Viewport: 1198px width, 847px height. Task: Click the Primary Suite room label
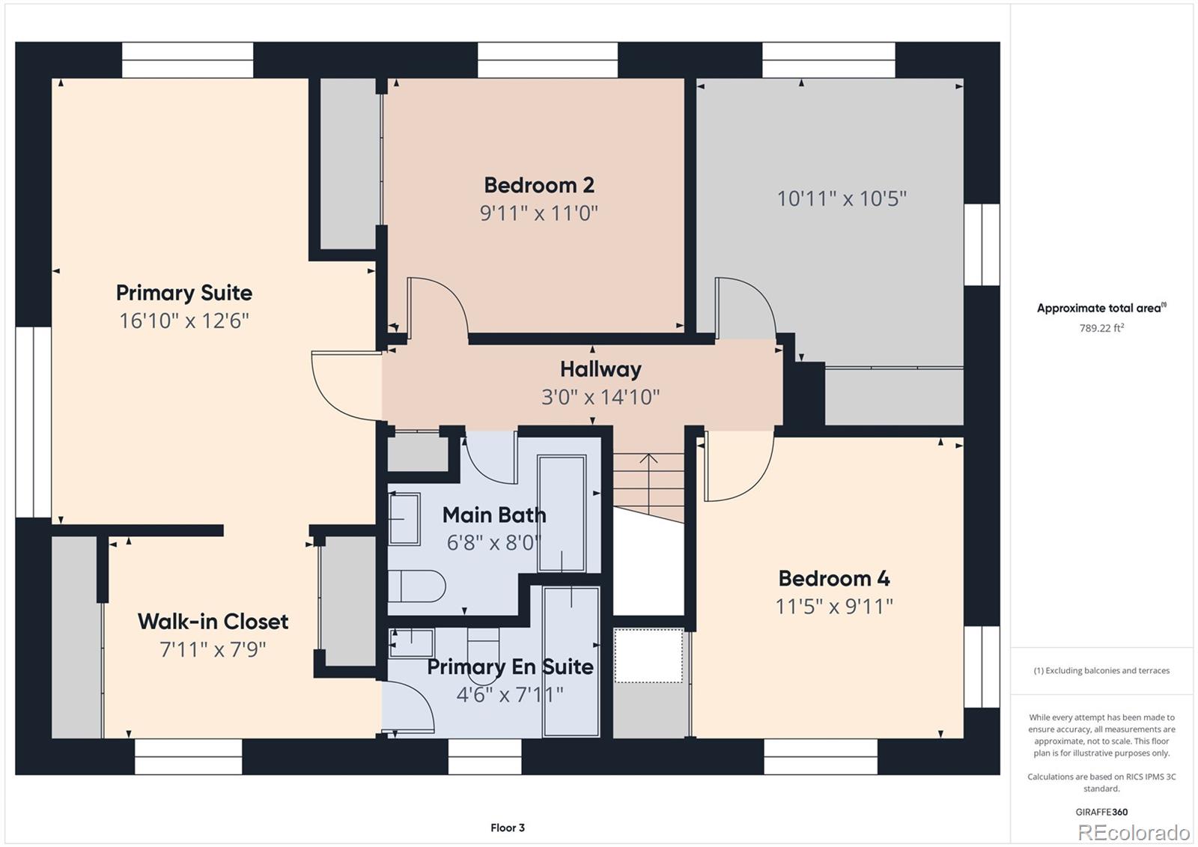coord(184,294)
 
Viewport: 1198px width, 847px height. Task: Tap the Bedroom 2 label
coord(539,185)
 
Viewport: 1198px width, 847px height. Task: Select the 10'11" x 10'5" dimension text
coord(842,198)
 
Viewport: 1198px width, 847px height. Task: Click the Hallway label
coord(600,369)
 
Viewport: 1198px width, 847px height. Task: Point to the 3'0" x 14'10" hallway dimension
coord(600,397)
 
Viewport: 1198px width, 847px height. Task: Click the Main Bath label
coord(494,514)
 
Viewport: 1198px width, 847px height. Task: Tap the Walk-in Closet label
coord(213,621)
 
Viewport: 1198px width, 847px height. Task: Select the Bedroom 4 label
coord(834,578)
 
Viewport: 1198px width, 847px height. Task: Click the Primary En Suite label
coord(510,667)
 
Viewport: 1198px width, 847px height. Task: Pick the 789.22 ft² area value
coord(1101,328)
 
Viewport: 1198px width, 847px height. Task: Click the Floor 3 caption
coord(508,828)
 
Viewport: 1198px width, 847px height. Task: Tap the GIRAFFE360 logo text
coord(1101,812)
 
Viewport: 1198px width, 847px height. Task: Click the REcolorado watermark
coord(1134,833)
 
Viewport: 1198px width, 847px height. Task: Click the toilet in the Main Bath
coord(416,586)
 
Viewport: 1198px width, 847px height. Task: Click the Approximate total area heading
coord(1101,308)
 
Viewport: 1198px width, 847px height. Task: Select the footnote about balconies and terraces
coord(1101,670)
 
